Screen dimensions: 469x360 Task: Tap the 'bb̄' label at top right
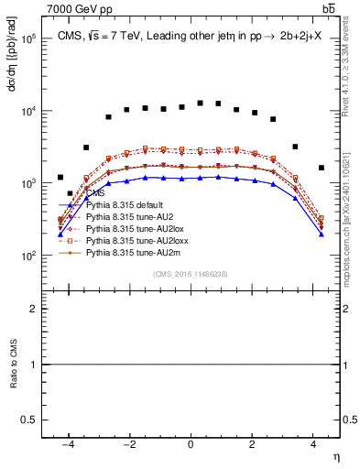[328, 8]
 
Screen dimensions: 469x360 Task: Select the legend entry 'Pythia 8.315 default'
[126, 205]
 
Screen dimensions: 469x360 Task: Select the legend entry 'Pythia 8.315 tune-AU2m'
[132, 249]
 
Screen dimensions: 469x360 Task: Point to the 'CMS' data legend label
[96, 194]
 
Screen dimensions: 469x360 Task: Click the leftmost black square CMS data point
[60, 177]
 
